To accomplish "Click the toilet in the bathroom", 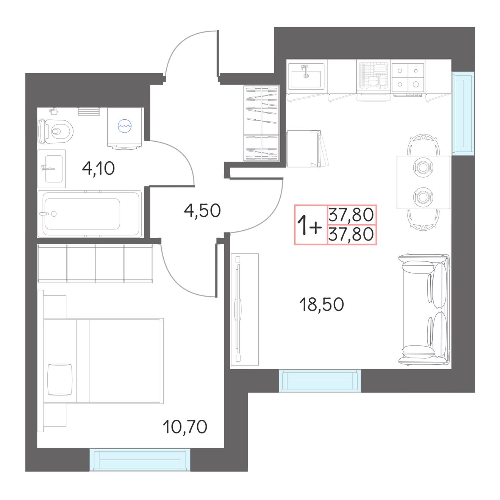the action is [55, 131].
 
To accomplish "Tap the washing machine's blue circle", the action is [125, 126].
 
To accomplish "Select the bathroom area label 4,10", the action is [98, 169].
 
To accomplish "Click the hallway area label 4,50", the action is [202, 210].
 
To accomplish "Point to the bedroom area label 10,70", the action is [185, 426].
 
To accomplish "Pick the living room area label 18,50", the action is [322, 305].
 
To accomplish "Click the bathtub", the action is [89, 214].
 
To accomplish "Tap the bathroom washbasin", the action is [52, 169].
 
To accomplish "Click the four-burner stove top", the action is [408, 78].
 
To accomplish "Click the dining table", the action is [423, 182].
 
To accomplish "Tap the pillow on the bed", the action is [60, 379].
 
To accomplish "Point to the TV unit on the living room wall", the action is [244, 309].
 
